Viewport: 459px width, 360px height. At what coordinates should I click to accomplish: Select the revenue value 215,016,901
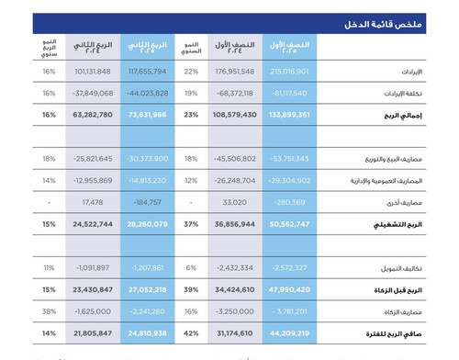(290, 71)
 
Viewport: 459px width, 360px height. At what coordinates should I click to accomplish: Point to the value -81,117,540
(290, 93)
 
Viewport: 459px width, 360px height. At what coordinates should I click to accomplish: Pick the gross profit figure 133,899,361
(290, 117)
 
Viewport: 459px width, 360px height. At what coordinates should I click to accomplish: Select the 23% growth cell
(191, 117)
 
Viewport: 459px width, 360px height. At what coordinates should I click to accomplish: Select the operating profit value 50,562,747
(290, 223)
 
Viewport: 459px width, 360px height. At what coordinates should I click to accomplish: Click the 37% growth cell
(191, 223)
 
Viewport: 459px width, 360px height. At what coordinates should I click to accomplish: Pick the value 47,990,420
(290, 288)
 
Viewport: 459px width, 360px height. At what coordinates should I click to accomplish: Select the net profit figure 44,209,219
(290, 332)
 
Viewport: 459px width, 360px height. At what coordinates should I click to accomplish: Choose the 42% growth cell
(191, 332)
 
